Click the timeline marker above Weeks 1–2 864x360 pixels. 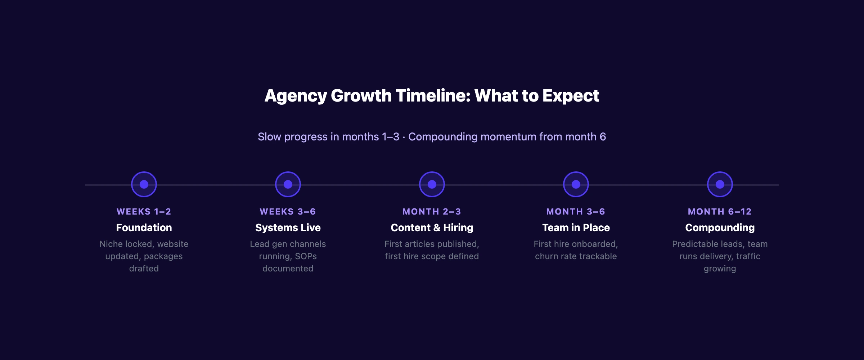[x=144, y=184]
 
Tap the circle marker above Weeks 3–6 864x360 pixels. [x=288, y=184]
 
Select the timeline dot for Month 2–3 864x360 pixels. [x=432, y=184]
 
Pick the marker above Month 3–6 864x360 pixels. [x=576, y=184]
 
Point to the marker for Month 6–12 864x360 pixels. [x=720, y=184]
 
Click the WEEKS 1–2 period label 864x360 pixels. [x=144, y=212]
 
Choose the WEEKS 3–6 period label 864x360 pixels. [x=288, y=212]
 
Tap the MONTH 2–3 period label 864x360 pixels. [x=432, y=212]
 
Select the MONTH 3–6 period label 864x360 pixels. [x=576, y=212]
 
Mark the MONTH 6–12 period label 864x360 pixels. [x=720, y=212]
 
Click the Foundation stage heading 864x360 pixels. [x=144, y=228]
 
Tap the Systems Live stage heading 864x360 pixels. [x=288, y=228]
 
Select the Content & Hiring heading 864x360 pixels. [x=432, y=228]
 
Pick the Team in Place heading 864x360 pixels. [x=576, y=228]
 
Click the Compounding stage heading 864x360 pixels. [x=720, y=228]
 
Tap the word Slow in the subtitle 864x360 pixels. [x=269, y=137]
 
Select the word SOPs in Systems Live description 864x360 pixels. [x=306, y=256]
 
